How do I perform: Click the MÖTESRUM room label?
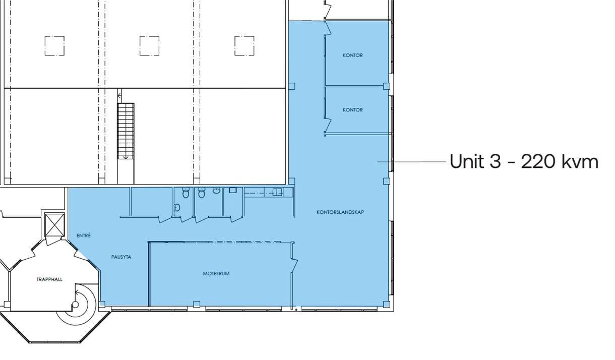click(x=216, y=273)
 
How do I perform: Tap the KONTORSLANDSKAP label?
click(x=340, y=212)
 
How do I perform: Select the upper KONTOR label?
click(x=353, y=55)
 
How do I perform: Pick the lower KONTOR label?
click(x=353, y=110)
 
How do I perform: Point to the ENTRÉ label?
click(x=84, y=235)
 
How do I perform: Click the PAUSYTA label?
click(x=121, y=257)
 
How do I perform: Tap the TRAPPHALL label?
click(x=49, y=279)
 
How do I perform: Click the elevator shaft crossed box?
click(x=54, y=225)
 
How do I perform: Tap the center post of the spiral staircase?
click(x=75, y=305)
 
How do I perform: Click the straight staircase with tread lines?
click(x=126, y=131)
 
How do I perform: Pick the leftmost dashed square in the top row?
click(x=54, y=45)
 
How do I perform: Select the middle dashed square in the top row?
click(x=149, y=45)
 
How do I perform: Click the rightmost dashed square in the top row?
click(x=244, y=45)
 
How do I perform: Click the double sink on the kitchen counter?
click(x=277, y=192)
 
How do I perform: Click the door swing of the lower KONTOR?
click(x=328, y=125)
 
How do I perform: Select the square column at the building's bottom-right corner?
click(x=387, y=304)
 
